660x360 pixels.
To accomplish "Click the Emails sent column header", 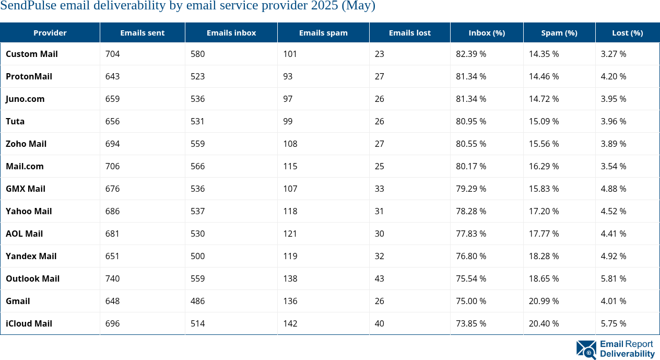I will click(x=142, y=32).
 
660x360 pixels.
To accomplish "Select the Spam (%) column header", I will click(x=559, y=32).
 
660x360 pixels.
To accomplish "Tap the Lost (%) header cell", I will click(x=627, y=32).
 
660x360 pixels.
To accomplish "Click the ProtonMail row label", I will click(x=29, y=76).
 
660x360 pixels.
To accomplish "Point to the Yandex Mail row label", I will click(x=31, y=256).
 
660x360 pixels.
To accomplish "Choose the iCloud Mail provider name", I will click(x=29, y=323).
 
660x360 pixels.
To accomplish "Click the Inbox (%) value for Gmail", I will click(x=470, y=301).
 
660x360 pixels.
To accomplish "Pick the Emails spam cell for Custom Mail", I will click(x=290, y=54).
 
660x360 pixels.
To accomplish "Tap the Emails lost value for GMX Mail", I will click(x=379, y=189).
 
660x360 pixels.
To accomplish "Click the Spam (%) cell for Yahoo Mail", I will click(x=544, y=211).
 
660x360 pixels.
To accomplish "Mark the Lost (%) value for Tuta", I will click(x=613, y=121).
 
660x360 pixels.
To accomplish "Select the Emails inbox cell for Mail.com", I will click(x=197, y=166).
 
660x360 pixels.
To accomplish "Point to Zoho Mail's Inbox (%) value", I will click(x=470, y=144).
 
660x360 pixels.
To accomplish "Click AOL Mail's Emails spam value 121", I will click(x=290, y=234).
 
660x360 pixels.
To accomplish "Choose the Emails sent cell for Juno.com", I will click(x=112, y=99).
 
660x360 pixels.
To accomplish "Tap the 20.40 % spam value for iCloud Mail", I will click(x=544, y=323).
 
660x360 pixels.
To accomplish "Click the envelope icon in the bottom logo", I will click(x=586, y=350).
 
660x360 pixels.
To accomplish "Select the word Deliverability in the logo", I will click(x=627, y=354).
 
